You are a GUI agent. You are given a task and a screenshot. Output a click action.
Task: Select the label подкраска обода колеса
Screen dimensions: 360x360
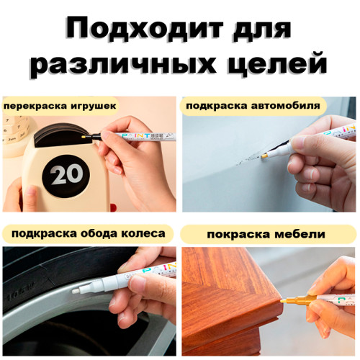click(88, 233)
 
